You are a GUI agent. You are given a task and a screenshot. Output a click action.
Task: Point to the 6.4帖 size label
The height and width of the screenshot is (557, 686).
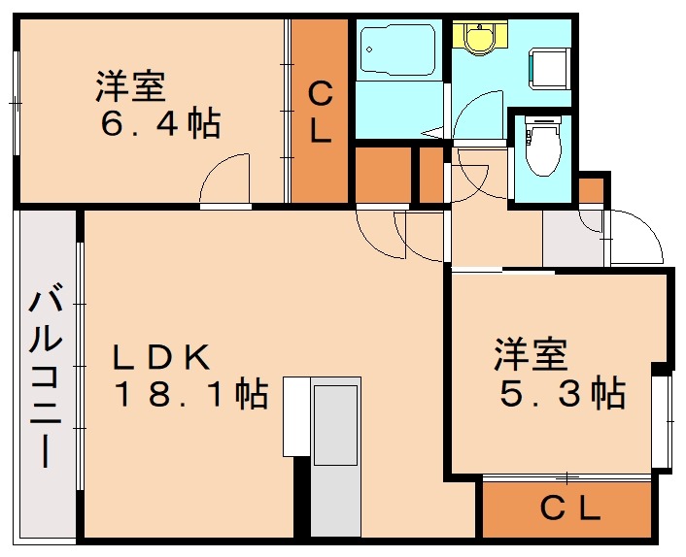tap(161, 124)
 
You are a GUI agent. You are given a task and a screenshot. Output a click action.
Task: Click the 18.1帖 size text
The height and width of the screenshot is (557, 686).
tap(190, 394)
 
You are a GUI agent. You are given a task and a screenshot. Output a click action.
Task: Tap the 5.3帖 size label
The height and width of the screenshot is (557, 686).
tap(562, 394)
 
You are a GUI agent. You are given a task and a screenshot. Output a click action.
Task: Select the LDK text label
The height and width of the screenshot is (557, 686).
tap(161, 356)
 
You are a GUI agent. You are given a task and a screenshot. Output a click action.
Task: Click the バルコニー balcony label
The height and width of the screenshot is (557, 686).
tap(45, 378)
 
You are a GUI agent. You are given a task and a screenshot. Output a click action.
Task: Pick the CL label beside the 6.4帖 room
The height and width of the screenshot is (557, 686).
tap(321, 112)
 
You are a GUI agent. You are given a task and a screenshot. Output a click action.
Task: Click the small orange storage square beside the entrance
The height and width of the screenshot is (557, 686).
tap(590, 189)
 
